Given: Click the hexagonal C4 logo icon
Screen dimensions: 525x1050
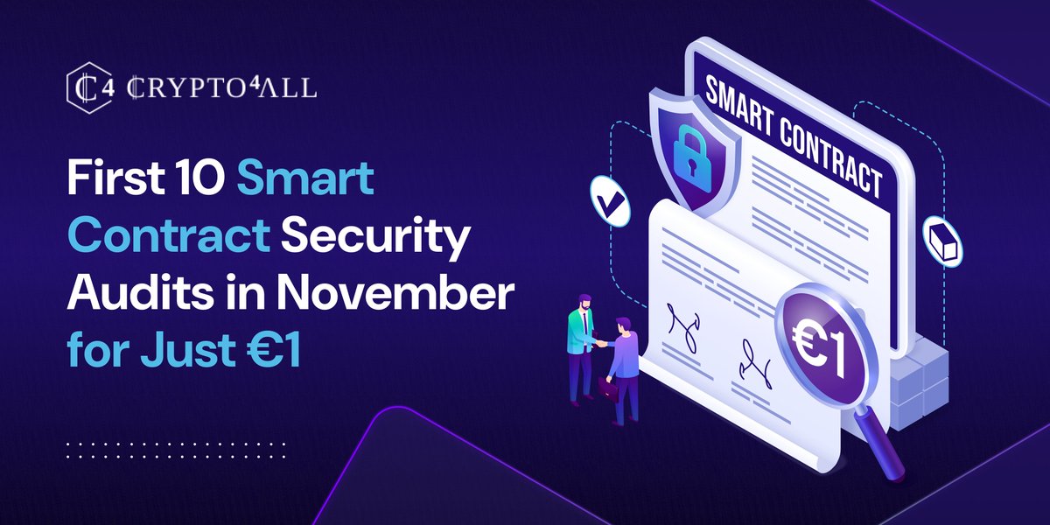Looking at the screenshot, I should pyautogui.click(x=85, y=86).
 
